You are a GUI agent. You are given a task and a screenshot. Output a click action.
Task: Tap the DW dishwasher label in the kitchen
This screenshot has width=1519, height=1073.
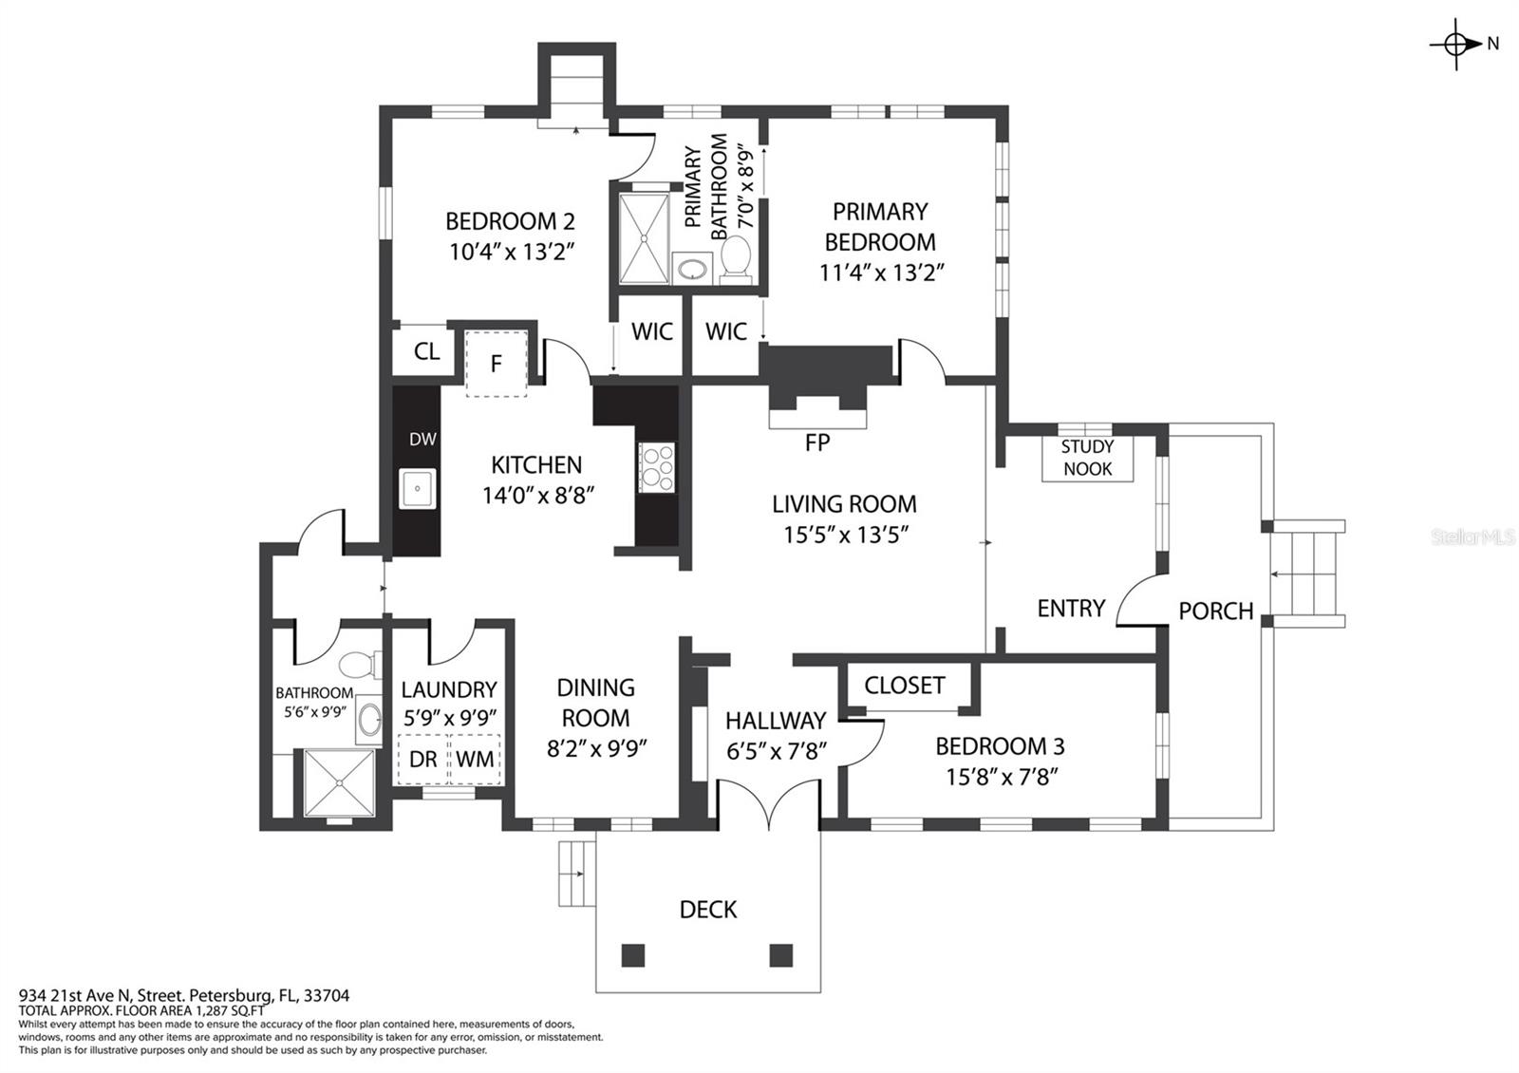[x=422, y=440]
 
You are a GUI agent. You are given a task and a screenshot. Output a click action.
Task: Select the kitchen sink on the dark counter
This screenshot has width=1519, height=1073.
[x=418, y=488]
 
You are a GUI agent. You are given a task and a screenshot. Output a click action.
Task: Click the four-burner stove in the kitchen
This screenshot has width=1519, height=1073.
[x=656, y=466]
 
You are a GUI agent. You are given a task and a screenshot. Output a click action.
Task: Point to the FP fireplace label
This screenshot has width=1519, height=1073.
[x=817, y=442]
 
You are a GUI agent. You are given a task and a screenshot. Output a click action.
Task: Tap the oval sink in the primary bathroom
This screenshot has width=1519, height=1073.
[x=692, y=268]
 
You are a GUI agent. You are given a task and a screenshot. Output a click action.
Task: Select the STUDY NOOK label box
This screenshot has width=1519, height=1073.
[x=1087, y=458]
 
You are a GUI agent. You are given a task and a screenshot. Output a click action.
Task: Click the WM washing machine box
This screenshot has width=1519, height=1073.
[x=475, y=759]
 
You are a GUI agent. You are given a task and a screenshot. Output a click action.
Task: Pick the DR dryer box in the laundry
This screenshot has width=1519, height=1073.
[x=423, y=759]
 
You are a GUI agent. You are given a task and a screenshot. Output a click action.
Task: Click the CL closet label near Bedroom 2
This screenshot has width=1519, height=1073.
[x=426, y=351]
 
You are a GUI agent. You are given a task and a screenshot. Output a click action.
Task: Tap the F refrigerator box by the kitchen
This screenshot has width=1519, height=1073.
[x=497, y=365]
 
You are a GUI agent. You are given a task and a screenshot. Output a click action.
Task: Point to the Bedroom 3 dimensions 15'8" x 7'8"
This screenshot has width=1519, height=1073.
[x=1003, y=777]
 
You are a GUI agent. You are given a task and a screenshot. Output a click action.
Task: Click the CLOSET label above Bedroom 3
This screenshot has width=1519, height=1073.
[x=905, y=686]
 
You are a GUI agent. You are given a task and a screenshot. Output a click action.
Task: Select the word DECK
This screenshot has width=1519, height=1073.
[x=708, y=910]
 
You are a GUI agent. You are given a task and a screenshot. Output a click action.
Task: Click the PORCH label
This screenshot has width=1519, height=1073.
[x=1216, y=612]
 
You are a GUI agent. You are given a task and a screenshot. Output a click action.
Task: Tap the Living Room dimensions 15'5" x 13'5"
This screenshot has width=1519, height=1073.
[x=846, y=536]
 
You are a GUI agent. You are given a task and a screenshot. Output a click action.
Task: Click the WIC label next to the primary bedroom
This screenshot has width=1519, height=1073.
[x=726, y=331]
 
